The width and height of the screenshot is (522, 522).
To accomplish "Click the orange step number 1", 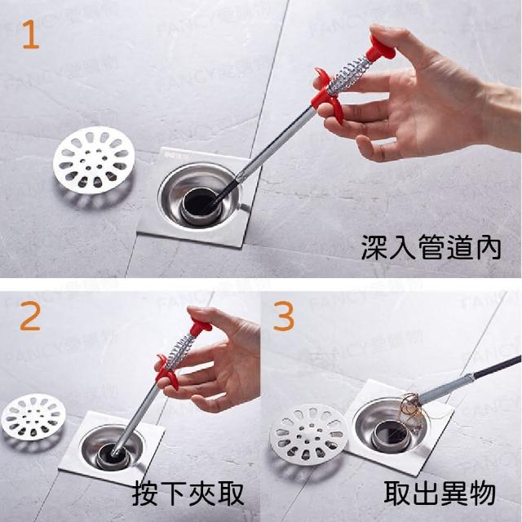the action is pos(31,34).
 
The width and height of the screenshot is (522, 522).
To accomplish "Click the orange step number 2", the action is pos(30,316).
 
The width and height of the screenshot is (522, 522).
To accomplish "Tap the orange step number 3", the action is pos(284,316).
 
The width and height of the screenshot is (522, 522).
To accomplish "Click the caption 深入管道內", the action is pos(431,247).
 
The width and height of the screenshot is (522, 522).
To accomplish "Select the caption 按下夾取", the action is pos(188,494).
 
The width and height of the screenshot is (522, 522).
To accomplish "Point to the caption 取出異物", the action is pos(440,493).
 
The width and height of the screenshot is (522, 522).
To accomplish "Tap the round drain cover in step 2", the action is pos(33,417).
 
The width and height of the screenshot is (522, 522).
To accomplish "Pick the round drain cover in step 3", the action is pos(308,435).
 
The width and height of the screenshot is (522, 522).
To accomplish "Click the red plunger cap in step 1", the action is pos(380,49).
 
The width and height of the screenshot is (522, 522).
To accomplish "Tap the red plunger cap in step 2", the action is pos(200,326).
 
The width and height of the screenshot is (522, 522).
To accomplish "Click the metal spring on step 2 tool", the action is pos(179,352).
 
